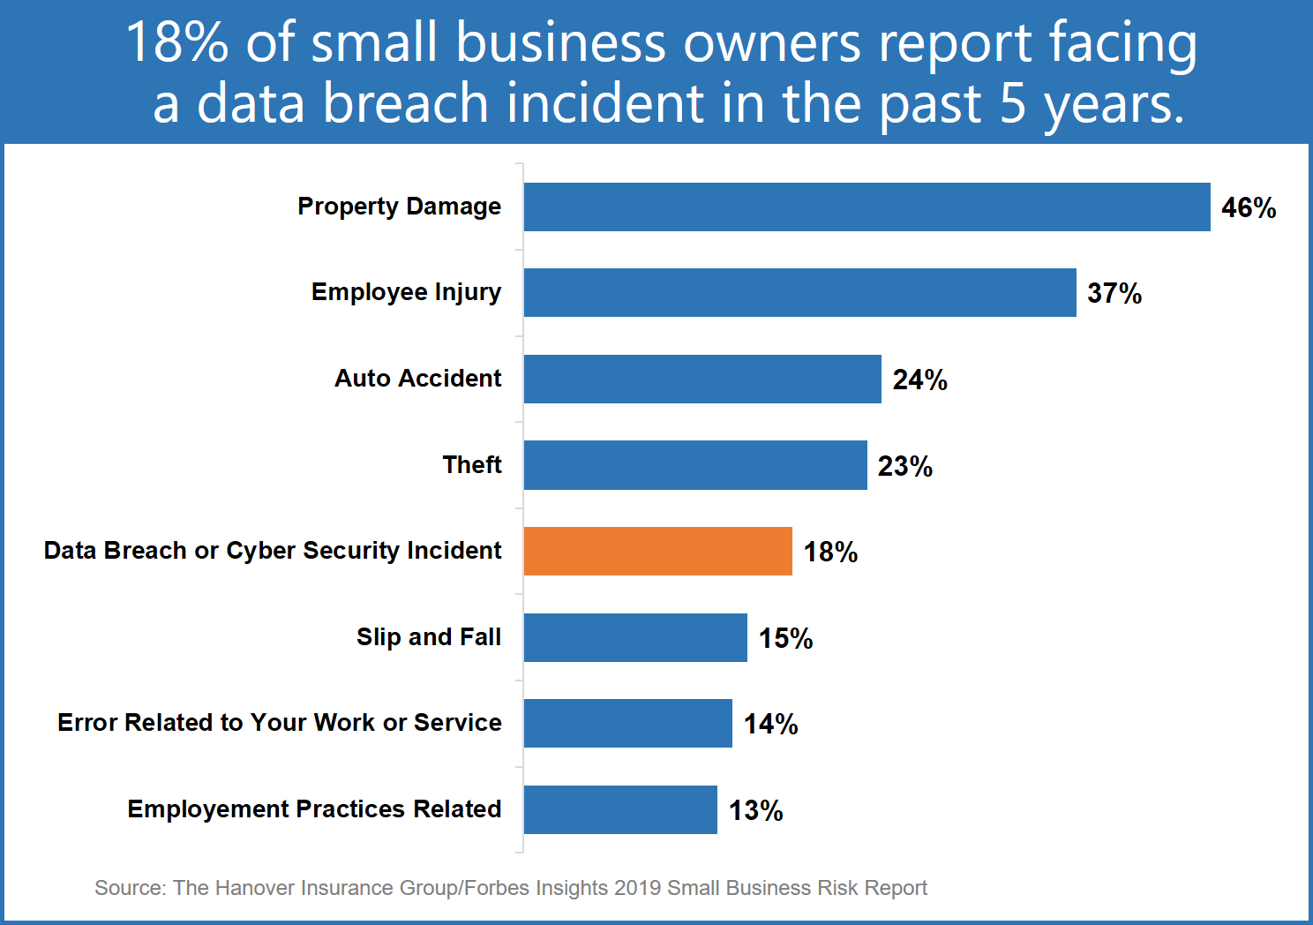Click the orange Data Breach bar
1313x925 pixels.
point(657,552)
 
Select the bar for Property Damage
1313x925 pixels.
point(867,207)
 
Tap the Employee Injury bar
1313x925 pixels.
point(799,293)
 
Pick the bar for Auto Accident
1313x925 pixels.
point(702,380)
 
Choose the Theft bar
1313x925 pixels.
point(695,465)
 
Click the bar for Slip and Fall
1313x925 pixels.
point(635,638)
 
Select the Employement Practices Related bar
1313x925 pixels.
point(620,810)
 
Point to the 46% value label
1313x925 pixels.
point(1249,208)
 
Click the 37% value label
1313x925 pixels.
point(1114,294)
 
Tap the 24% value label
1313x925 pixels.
point(919,380)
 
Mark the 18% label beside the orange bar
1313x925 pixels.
point(830,553)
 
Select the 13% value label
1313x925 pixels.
point(755,811)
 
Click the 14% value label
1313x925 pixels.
point(770,725)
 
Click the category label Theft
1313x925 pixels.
point(472,465)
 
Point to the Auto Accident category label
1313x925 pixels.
point(417,379)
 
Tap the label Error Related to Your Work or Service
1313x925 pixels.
point(280,723)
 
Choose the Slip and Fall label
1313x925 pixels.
point(429,637)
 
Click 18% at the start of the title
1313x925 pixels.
point(177,42)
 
